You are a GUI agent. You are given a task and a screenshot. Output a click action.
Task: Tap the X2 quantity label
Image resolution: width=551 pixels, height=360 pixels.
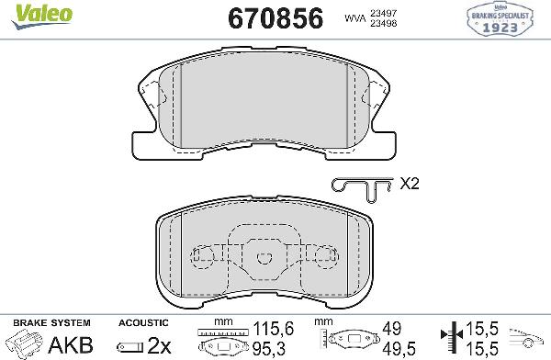(x=410, y=184)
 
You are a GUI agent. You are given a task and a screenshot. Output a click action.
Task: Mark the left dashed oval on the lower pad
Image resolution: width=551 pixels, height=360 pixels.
(x=203, y=256)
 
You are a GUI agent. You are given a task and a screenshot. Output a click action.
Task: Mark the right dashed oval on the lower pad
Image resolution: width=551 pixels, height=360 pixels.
(x=324, y=256)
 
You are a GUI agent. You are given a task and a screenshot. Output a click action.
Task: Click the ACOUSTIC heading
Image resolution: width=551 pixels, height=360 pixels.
(x=143, y=323)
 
